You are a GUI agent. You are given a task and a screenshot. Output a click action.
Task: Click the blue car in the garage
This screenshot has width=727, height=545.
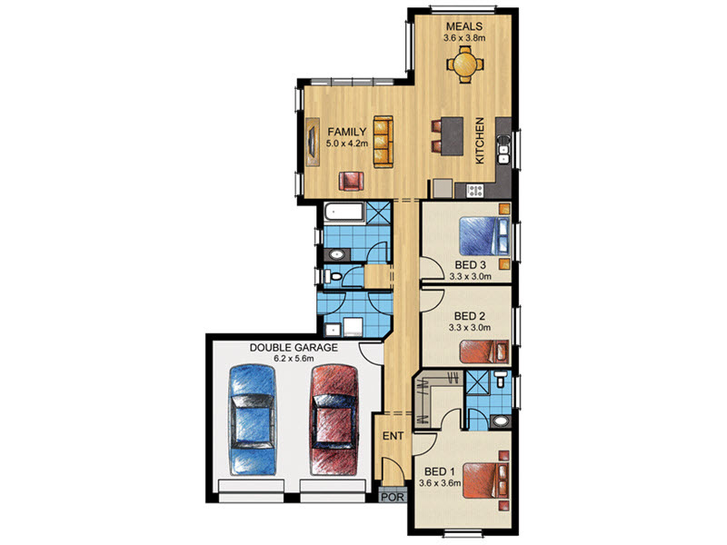pos(253,420)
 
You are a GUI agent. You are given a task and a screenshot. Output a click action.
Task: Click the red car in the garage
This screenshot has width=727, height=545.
pos(334,420)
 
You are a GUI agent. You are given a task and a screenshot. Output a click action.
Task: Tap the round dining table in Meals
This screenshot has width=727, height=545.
pos(464,64)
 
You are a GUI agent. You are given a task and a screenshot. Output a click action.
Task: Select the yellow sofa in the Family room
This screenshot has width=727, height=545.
pos(383,142)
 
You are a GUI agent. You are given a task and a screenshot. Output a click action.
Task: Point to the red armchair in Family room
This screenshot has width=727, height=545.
pos(351,181)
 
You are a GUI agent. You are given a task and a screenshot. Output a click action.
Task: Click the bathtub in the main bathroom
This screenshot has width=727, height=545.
pos(344,213)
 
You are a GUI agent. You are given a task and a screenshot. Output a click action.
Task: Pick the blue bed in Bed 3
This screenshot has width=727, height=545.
pos(484,235)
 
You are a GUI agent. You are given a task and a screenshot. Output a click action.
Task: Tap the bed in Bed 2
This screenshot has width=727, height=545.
pos(484,352)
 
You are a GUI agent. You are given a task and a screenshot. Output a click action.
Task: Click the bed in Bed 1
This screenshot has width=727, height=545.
pos(486,481)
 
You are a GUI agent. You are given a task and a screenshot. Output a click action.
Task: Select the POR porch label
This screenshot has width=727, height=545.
pos(393,497)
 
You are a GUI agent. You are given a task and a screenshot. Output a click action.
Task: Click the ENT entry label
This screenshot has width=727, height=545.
pos(393,436)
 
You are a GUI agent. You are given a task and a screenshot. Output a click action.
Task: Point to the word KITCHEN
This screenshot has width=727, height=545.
pos(480,140)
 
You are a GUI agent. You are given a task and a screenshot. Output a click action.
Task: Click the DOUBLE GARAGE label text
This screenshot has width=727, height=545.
pos(294,348)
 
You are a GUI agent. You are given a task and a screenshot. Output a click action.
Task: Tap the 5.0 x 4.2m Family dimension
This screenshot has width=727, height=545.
pos(347,144)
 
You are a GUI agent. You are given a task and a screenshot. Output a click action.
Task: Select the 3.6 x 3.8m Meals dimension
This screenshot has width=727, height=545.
pos(464,38)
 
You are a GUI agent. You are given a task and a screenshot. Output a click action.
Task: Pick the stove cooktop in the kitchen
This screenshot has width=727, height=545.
pos(474,190)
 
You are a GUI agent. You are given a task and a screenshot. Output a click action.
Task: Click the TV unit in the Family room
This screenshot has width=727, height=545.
pos(313,142)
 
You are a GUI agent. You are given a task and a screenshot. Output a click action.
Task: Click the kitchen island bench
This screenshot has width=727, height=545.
pos(452,135)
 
